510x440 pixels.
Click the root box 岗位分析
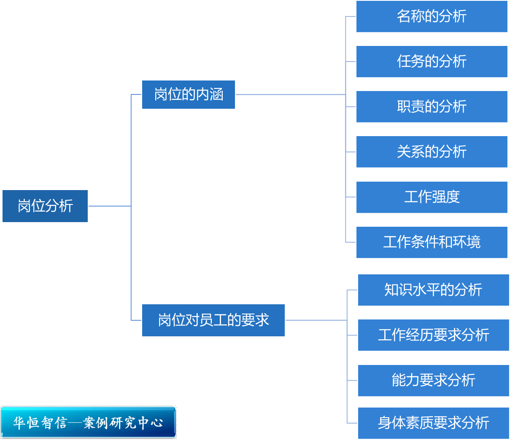(45, 206)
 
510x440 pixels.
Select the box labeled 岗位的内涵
(189, 94)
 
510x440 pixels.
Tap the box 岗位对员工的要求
(213, 320)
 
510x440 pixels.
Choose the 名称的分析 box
(432, 16)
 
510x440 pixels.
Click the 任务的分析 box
(432, 62)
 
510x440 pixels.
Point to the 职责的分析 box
(432, 107)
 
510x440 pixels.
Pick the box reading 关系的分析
(432, 152)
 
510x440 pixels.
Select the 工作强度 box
(432, 197)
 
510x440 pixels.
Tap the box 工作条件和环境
(432, 242)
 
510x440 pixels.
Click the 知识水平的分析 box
(433, 290)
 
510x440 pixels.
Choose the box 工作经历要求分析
(433, 335)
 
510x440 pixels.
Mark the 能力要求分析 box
(433, 381)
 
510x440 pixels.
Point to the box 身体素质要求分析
(433, 423)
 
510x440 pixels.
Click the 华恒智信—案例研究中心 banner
(88, 422)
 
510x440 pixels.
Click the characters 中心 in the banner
(151, 422)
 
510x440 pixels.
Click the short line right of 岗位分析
(109, 206)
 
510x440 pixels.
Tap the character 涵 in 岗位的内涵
(216, 94)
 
